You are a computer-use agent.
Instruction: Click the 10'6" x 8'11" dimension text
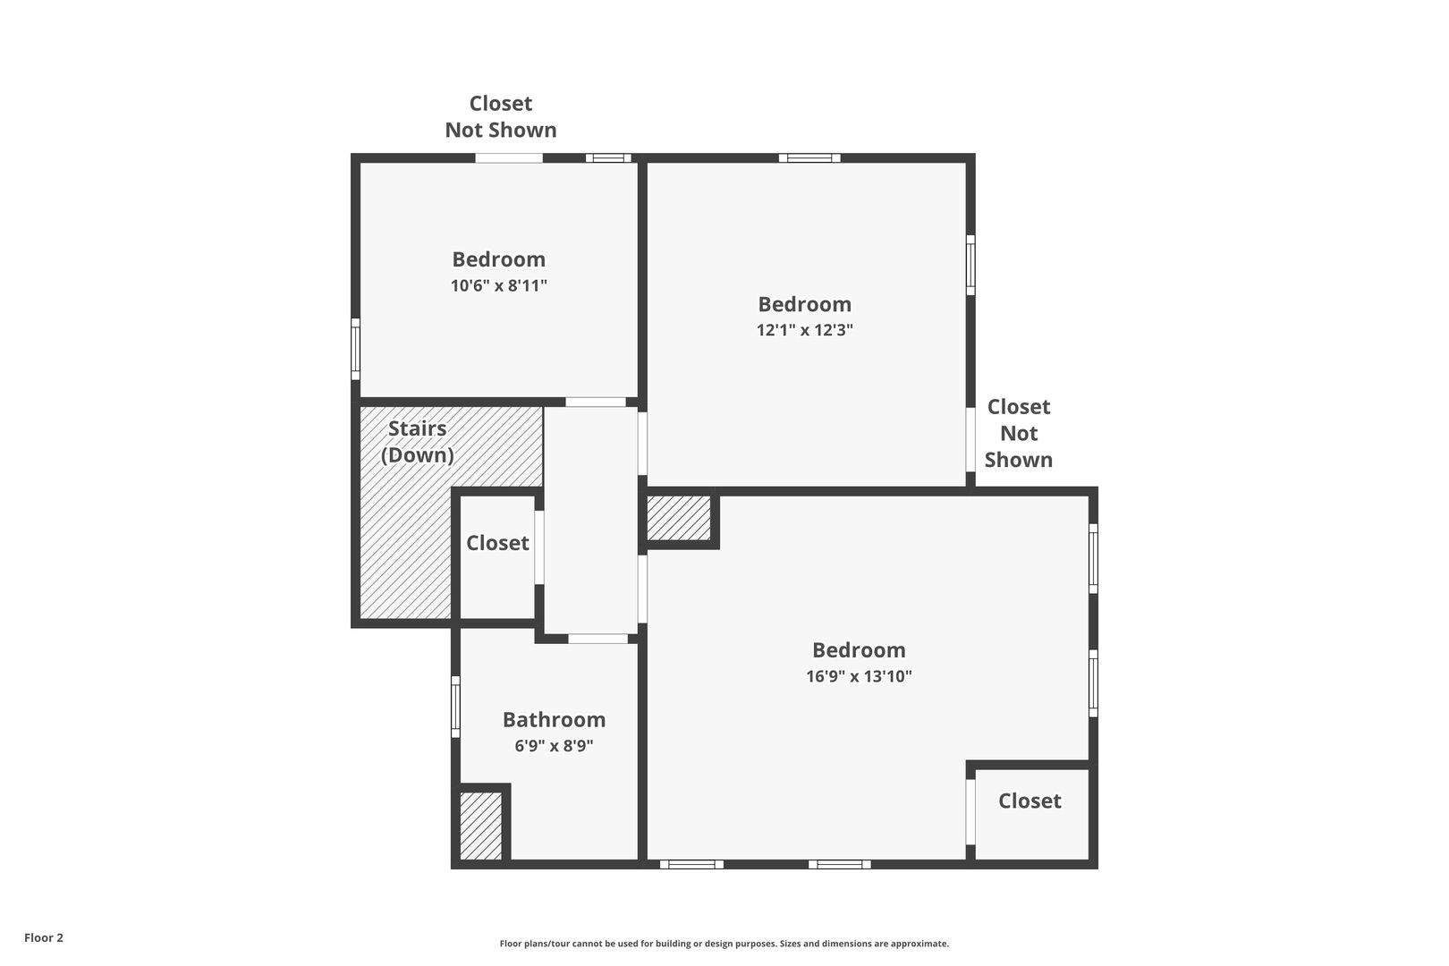tap(499, 285)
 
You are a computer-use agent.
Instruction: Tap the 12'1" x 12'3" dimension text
tap(805, 330)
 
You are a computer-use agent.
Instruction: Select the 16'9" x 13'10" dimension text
tap(859, 676)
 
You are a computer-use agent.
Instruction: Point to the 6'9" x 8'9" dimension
tap(554, 746)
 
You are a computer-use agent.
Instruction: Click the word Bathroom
tap(554, 719)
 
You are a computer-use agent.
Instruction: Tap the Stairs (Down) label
tap(417, 442)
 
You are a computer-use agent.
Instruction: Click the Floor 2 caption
tap(44, 937)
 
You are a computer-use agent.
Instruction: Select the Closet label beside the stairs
tap(497, 543)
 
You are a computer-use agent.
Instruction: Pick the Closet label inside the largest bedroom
tap(1030, 801)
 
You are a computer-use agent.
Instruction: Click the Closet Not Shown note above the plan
tap(501, 116)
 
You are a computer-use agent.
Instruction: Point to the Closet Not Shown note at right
tap(1019, 433)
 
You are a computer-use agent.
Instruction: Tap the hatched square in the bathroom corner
tap(480, 825)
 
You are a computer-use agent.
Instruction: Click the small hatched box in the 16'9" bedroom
tap(679, 518)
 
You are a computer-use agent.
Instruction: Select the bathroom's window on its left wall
tap(455, 707)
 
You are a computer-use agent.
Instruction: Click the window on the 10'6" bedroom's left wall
tap(355, 349)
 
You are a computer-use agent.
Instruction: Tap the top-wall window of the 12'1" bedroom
tap(809, 158)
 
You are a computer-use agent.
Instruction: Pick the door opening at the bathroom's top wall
tap(597, 639)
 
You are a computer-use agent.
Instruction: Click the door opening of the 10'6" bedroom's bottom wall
tap(596, 402)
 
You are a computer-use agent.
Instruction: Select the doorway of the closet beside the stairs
tap(538, 547)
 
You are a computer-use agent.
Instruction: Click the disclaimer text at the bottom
tap(724, 944)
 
